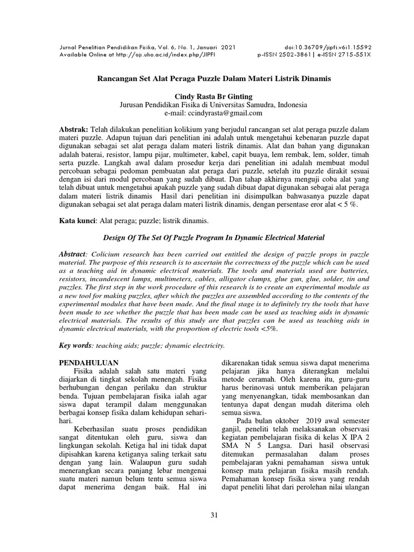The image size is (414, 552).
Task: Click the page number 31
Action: coord(214,516)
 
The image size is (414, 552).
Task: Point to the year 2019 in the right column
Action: coord(313,420)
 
